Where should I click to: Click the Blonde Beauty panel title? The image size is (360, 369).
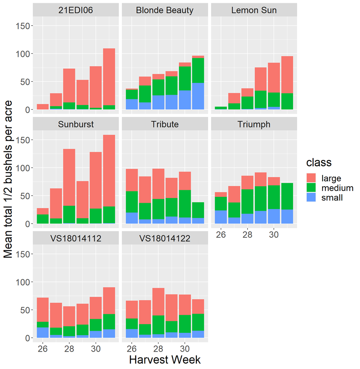pos(165,11)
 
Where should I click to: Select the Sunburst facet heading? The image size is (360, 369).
pos(75,125)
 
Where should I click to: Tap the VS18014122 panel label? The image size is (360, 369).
pos(165,239)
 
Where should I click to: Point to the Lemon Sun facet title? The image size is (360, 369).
pos(254,11)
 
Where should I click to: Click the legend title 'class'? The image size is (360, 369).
pos(319,162)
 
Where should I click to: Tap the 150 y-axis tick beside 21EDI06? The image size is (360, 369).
pos(23,26)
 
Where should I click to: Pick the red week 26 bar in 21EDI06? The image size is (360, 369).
pos(42,107)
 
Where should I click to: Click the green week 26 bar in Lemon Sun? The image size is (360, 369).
pos(221,108)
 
